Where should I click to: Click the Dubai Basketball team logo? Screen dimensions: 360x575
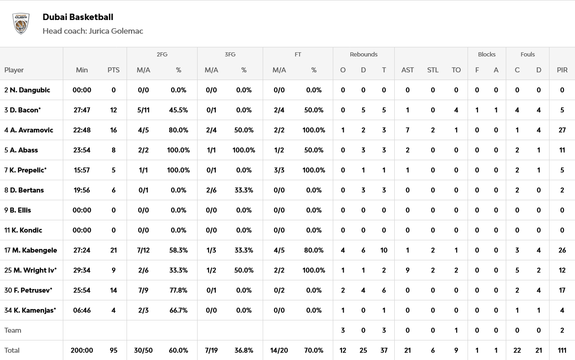[x=21, y=24]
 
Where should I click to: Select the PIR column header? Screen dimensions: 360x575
[x=562, y=70]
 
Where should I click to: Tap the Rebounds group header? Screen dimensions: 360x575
[x=363, y=54]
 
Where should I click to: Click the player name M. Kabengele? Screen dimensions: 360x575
[x=35, y=250]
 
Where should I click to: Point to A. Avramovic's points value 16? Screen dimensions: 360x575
[x=113, y=130]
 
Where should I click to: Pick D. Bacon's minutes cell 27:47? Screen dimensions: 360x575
[x=82, y=110]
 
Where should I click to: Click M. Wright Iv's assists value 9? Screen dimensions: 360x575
[x=407, y=270]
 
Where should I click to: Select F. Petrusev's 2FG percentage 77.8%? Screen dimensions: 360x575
[x=178, y=290]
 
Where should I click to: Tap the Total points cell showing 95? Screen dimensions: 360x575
[x=113, y=350]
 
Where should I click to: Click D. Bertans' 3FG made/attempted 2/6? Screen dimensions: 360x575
[x=211, y=190]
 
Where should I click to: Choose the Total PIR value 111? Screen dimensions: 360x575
[x=562, y=350]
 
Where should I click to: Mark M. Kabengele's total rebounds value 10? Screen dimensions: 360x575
[x=384, y=250]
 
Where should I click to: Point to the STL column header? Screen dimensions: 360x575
[x=433, y=70]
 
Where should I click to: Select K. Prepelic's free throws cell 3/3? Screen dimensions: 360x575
[x=279, y=170]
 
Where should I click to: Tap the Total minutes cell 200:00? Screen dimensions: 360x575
[x=82, y=350]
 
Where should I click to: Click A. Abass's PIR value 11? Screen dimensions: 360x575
[x=562, y=150]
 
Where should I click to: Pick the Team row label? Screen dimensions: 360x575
[x=13, y=330]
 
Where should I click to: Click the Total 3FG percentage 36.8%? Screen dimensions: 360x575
[x=244, y=350]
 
